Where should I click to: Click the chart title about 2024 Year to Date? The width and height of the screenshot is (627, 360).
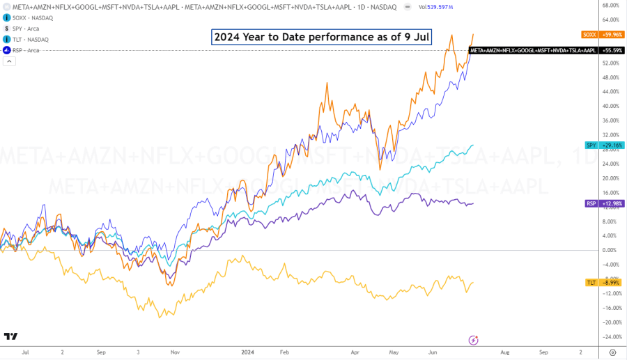pos(320,37)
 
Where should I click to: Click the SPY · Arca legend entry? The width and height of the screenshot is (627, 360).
pos(24,29)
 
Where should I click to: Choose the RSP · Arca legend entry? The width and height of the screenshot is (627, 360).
pos(24,50)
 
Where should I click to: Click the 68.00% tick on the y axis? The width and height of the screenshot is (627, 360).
pos(610,6)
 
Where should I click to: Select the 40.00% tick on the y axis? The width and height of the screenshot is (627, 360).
pos(610,107)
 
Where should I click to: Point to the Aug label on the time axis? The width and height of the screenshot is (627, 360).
pos(506,352)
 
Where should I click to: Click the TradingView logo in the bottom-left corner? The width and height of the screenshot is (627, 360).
pos(10,336)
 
